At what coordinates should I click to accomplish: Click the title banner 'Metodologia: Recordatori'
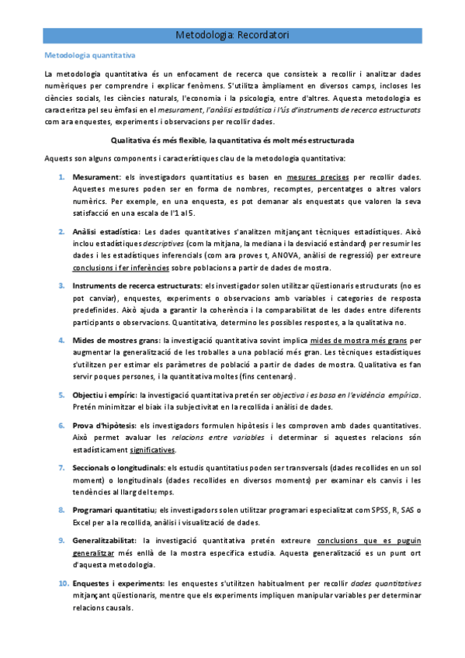[x=232, y=35]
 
